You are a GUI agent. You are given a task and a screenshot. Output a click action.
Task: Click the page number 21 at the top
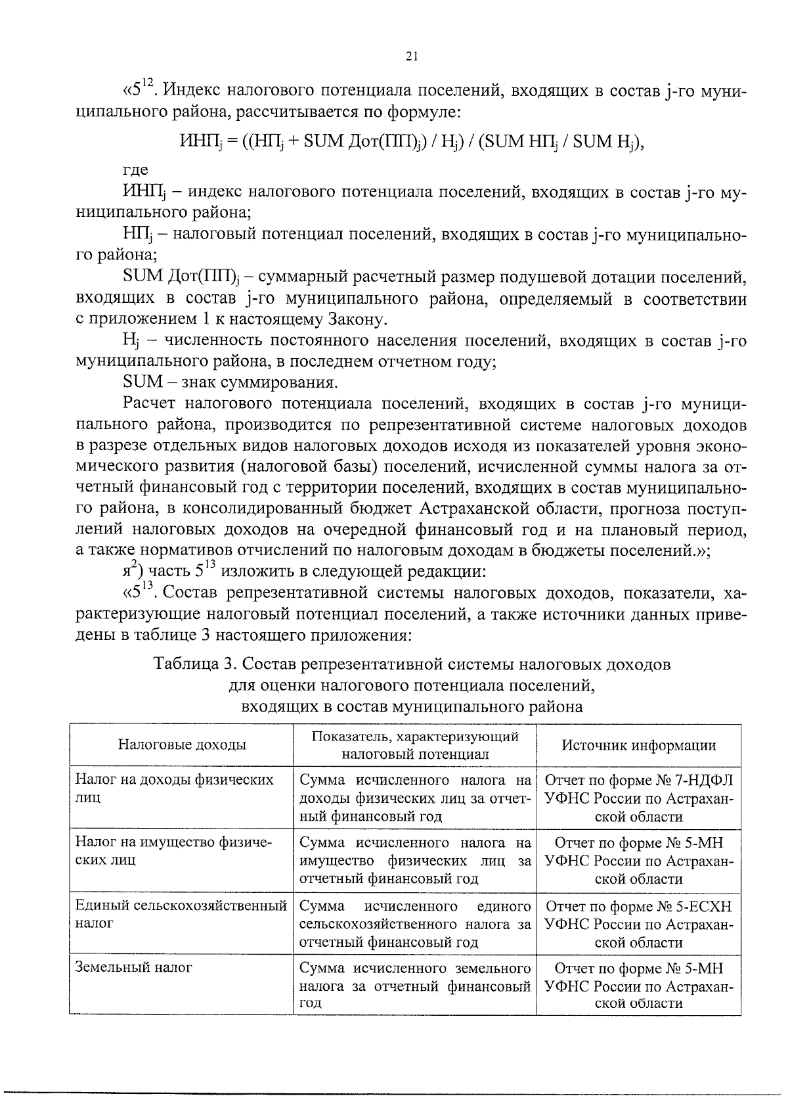(412, 57)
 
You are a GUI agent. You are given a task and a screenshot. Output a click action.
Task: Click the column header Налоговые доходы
(182, 745)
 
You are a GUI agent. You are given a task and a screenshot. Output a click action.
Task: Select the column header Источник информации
(638, 745)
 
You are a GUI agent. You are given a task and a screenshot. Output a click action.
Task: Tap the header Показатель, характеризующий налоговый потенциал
(415, 745)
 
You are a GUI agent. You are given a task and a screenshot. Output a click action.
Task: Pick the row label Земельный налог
(134, 967)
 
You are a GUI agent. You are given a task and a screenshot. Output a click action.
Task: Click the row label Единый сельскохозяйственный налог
(181, 915)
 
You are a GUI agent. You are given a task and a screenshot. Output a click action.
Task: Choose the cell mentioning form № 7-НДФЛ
(639, 798)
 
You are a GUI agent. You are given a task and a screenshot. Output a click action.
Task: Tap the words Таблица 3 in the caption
(190, 664)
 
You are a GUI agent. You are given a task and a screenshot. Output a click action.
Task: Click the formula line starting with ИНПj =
(412, 142)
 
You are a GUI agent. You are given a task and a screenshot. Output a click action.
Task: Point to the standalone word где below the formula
(135, 170)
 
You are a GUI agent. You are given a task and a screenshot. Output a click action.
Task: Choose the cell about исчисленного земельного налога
(415, 986)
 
